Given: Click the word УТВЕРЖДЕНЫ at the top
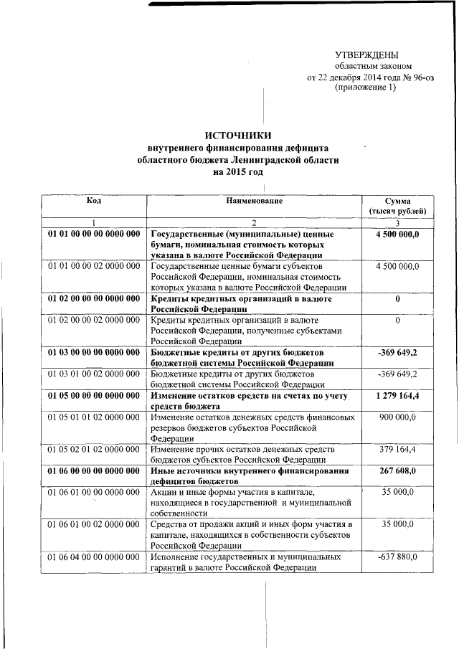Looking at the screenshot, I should pyautogui.click(x=367, y=55).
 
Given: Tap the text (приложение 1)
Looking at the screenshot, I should pyautogui.click(x=365, y=87).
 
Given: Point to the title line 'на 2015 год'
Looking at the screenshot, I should pyautogui.click(x=237, y=172).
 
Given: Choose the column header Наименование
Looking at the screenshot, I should pyautogui.click(x=254, y=201).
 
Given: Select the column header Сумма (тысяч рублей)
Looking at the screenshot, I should pyautogui.click(x=397, y=207).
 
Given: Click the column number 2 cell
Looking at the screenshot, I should pyautogui.click(x=254, y=223).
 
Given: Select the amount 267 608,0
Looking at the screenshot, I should pyautogui.click(x=397, y=471).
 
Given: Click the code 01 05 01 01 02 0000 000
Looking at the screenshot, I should pyautogui.click(x=94, y=417).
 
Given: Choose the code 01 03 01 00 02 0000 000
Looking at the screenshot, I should pyautogui.click(x=94, y=374).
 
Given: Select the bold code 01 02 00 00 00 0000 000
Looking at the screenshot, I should pyautogui.click(x=94, y=298).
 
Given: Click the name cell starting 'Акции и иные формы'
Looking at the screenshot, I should pyautogui.click(x=254, y=503).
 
